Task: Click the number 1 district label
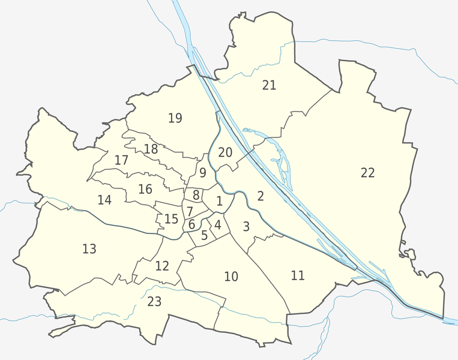point(220,201)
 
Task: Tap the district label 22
point(368,173)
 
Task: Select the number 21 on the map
point(269,85)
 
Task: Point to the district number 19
point(175,118)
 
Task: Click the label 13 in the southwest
point(89,248)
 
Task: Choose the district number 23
point(154,301)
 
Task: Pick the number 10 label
point(231,277)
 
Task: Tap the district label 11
point(298,275)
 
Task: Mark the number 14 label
point(104,200)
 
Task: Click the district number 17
point(121,160)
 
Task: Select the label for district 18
point(151,149)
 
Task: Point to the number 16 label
point(145,189)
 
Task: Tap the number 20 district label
point(225,152)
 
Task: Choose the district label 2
point(261,196)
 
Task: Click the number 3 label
point(246,226)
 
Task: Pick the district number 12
point(162,265)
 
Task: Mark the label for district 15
point(171,219)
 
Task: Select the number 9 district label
point(203,173)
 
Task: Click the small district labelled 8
point(196,194)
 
